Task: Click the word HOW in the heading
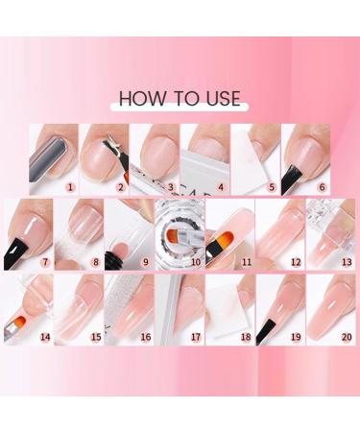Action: click(139, 98)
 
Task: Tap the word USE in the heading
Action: click(220, 98)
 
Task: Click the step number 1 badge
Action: click(70, 187)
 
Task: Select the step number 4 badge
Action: click(221, 187)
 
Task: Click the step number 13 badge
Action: click(346, 262)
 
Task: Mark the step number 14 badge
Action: click(44, 337)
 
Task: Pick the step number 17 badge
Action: click(196, 337)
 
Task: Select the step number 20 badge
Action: click(346, 337)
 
